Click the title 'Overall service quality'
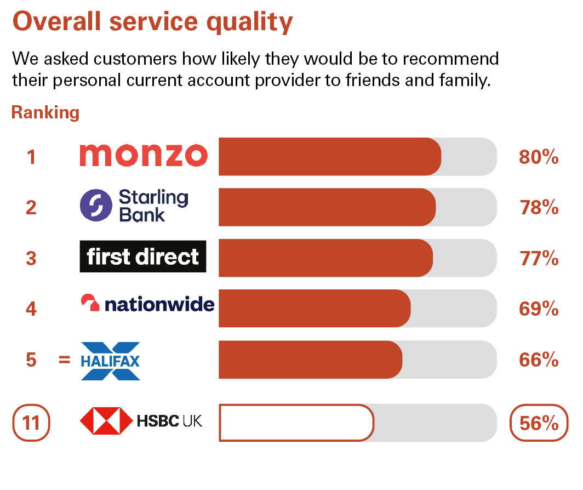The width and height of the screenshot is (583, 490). point(153,22)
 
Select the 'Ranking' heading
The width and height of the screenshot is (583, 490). point(45,113)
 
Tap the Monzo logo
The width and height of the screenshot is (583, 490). point(144,155)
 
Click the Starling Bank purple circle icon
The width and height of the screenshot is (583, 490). point(96,206)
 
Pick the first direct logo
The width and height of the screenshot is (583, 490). point(143,257)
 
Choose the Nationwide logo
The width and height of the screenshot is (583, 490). point(147,304)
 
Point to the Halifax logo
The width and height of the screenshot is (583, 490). point(111,361)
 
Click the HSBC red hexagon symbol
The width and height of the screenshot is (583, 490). point(106,421)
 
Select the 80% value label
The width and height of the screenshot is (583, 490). point(539,157)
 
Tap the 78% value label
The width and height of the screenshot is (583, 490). point(539,208)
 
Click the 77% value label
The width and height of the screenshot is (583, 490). point(539,258)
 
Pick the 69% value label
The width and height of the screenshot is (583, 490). point(539,309)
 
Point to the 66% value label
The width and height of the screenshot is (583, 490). point(539,360)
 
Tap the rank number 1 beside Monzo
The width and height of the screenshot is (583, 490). point(31,157)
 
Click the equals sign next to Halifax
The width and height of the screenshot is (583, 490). point(64,360)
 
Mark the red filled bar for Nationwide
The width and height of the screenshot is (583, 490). point(315,309)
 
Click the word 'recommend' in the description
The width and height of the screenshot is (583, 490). point(450,59)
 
